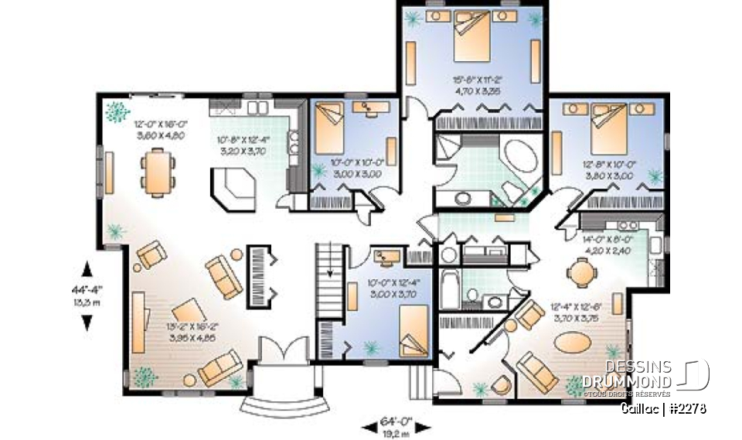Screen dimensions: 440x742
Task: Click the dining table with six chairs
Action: [158, 172]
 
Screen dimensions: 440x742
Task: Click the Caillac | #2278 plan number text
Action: [664, 408]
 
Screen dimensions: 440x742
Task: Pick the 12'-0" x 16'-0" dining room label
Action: [161, 128]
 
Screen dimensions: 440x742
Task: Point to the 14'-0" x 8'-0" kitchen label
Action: [610, 244]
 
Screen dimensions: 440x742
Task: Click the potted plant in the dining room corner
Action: [117, 111]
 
